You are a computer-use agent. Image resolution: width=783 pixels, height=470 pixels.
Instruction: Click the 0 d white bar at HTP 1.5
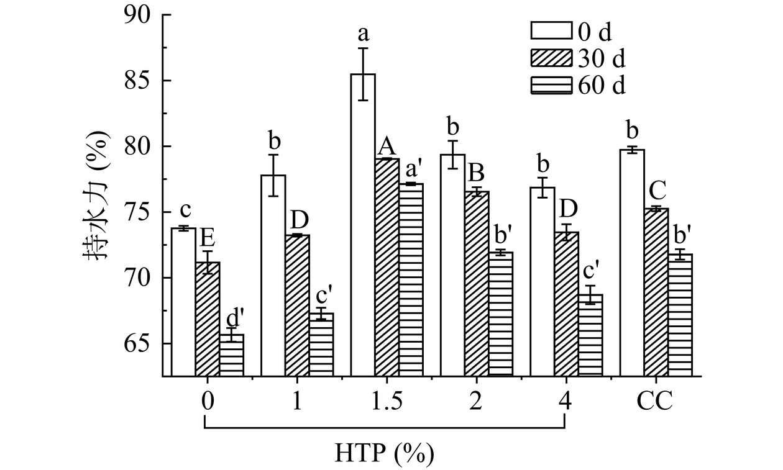[x=363, y=225]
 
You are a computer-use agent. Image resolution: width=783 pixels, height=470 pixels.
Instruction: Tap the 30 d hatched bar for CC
[x=656, y=292]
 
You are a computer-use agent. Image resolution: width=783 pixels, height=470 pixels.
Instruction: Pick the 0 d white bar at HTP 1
[x=273, y=276]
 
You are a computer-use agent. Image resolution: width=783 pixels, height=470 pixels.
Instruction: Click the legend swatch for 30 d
[x=550, y=58]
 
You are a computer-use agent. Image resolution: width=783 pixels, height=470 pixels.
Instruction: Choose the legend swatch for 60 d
[x=550, y=84]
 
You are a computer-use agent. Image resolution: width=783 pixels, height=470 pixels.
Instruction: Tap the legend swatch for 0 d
[x=550, y=30]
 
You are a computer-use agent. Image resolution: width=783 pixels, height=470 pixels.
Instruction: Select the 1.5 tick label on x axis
[x=386, y=402]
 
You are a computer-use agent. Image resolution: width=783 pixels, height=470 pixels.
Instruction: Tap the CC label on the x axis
[x=654, y=402]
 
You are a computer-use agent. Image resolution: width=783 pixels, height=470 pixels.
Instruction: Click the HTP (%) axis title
[x=385, y=453]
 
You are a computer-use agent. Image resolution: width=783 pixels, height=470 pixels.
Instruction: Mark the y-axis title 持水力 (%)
[x=96, y=195]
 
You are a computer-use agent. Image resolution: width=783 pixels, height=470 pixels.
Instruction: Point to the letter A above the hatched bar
[x=387, y=147]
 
